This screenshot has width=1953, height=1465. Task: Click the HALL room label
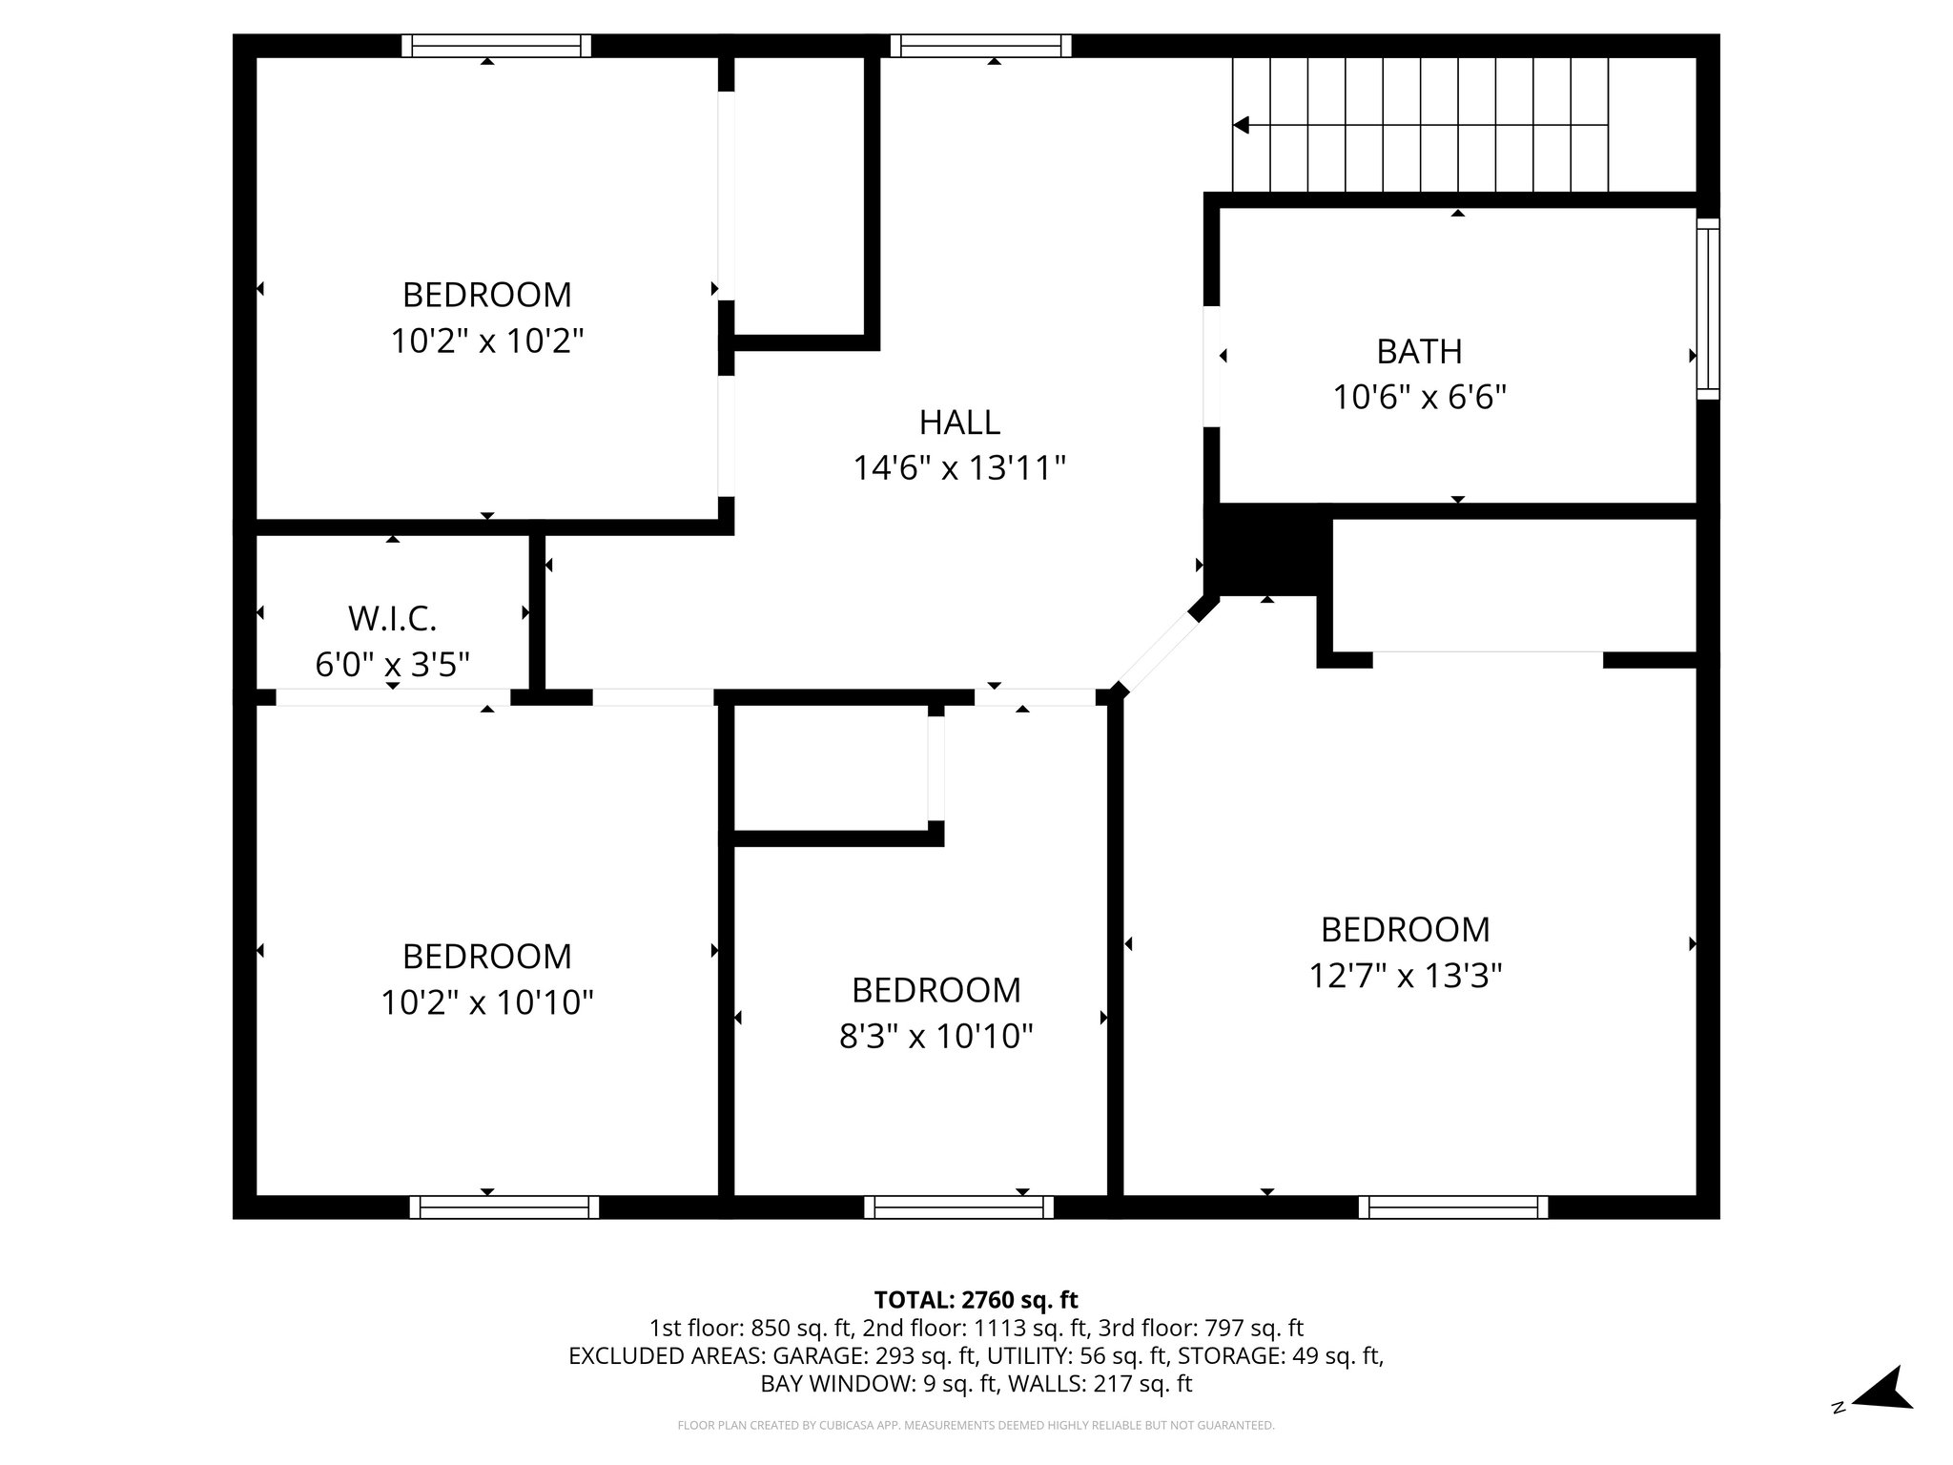[x=958, y=422]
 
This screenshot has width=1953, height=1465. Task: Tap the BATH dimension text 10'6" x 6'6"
[x=1419, y=397]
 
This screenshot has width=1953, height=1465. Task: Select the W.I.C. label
[x=392, y=619]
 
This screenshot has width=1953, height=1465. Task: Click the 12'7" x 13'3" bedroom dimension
[x=1405, y=976]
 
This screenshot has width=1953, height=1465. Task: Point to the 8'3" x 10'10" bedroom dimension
[x=935, y=1036]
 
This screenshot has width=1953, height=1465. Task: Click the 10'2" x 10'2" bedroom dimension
[x=486, y=340]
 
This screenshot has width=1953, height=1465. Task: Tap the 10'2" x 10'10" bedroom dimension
[x=486, y=1002]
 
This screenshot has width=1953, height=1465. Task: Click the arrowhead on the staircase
[x=1241, y=125]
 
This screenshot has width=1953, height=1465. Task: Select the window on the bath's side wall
[x=1708, y=308]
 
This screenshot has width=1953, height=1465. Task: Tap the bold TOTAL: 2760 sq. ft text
[x=976, y=1300]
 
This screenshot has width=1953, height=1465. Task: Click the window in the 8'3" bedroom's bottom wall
[x=958, y=1207]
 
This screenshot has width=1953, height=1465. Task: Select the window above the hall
[x=981, y=46]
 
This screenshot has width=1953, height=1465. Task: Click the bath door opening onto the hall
[x=1211, y=365]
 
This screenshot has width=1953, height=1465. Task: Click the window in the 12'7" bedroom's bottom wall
[x=1452, y=1207]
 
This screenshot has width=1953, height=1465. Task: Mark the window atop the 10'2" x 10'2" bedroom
[x=496, y=46]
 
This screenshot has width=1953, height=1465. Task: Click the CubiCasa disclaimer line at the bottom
[x=976, y=1426]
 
